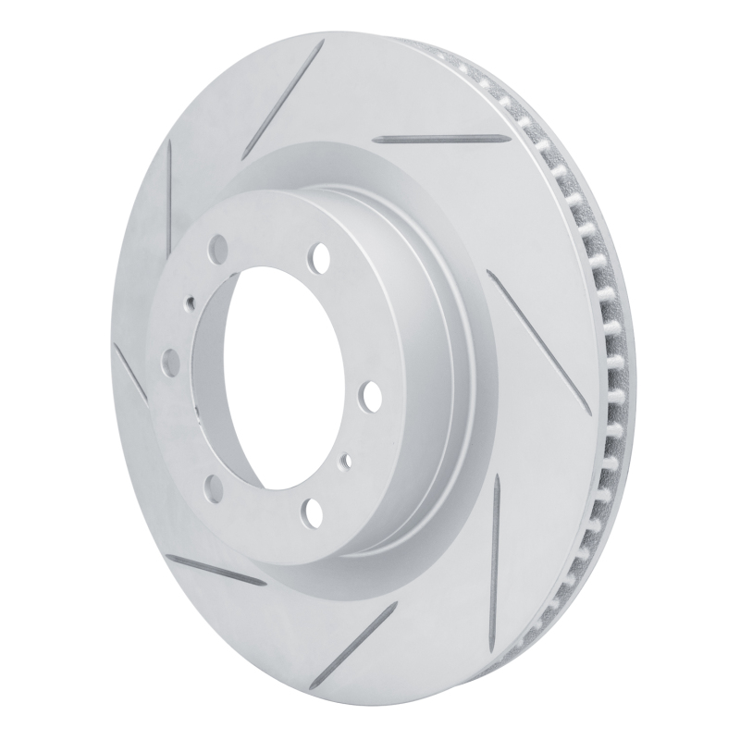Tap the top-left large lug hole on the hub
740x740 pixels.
coord(218,246)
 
